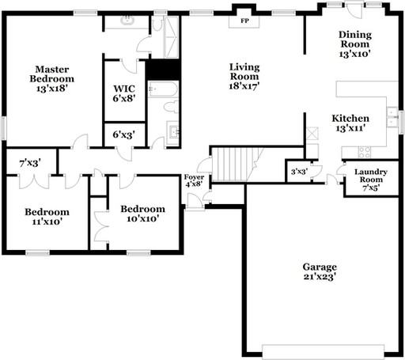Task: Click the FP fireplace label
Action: click(244, 21)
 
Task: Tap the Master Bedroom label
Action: click(51, 74)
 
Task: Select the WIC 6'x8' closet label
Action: click(124, 93)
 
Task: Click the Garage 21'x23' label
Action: click(320, 271)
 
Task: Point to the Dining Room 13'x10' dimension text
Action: click(355, 54)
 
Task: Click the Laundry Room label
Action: click(371, 176)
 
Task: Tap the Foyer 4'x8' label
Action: click(194, 180)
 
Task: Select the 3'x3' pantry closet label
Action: click(299, 172)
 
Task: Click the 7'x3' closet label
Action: click(30, 164)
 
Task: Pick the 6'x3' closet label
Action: click(124, 135)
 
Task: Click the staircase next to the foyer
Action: click(234, 165)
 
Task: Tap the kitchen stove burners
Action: click(365, 152)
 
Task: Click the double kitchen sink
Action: click(392, 117)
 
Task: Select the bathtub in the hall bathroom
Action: click(163, 89)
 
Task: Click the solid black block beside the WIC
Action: click(163, 70)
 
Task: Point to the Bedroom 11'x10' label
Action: click(47, 217)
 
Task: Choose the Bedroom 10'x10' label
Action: click(143, 214)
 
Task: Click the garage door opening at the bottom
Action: click(324, 351)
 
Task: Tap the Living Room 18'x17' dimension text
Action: click(244, 86)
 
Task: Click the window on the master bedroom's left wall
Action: click(3, 128)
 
